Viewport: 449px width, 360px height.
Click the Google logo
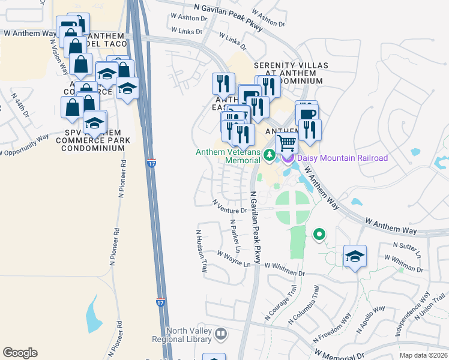20,353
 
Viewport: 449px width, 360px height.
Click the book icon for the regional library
221,334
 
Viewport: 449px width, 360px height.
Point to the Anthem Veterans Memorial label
228,156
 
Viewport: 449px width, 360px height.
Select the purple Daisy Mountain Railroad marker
288,158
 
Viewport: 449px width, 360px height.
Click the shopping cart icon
287,143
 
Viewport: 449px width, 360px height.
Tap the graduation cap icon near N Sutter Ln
355,256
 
